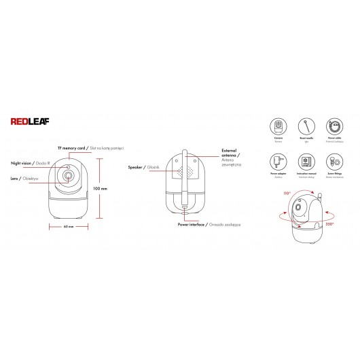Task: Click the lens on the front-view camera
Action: pos(69,177)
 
